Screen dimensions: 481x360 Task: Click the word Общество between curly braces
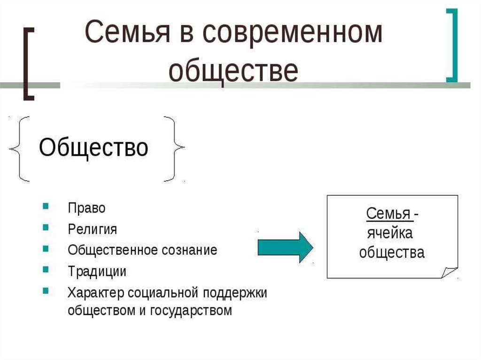click(93, 148)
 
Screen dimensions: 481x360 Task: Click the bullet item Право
click(86, 208)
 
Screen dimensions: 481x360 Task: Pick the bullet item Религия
click(92, 229)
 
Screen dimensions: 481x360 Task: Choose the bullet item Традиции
click(97, 271)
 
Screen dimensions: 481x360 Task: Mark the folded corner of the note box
click(449, 272)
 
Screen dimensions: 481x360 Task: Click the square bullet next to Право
click(45, 206)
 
